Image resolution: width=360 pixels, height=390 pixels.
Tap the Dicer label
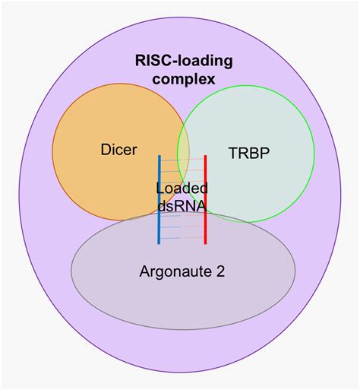click(119, 150)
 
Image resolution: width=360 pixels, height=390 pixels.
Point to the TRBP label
click(248, 152)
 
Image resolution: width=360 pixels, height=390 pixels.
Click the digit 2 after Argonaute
click(221, 270)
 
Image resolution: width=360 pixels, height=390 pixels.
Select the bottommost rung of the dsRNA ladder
click(182, 238)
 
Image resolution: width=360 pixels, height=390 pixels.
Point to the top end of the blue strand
click(159, 157)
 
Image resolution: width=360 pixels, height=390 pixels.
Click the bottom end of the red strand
click(205, 243)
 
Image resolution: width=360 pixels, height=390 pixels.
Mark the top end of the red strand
click(205, 157)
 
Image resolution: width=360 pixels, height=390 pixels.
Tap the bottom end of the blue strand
click(159, 243)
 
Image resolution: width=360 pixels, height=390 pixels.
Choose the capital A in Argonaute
click(145, 270)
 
